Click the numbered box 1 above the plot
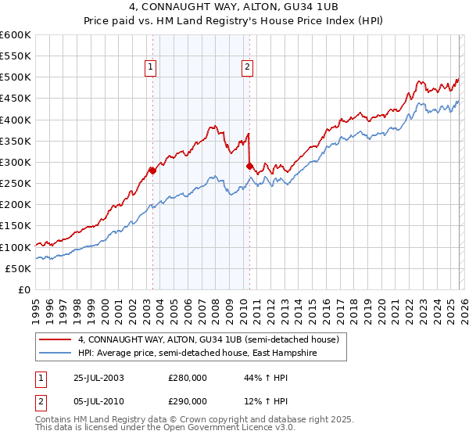click(x=150, y=68)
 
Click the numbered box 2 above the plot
click(x=247, y=68)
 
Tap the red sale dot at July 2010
click(x=249, y=166)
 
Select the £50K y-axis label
click(x=18, y=268)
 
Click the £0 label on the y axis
click(x=23, y=289)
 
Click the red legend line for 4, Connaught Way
click(x=56, y=340)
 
